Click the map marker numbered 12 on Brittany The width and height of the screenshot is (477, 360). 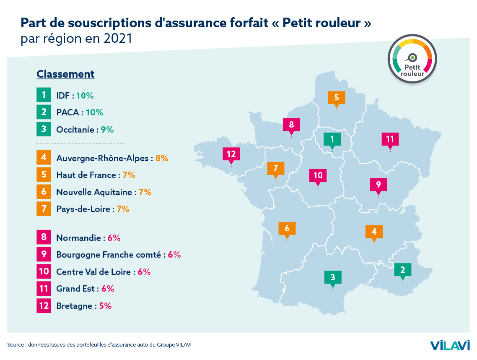[231, 154]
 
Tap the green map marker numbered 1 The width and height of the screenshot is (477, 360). [332, 138]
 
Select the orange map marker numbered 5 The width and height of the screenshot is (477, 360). [337, 97]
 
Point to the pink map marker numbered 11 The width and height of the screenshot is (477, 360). [390, 139]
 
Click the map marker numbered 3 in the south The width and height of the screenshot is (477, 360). [333, 277]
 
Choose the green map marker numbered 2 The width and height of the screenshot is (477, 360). [402, 269]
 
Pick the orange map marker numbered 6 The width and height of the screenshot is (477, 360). [287, 228]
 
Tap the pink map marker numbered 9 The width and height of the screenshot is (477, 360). [378, 184]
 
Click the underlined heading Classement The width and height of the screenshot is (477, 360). [65, 74]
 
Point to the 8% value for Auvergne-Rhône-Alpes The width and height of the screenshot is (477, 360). [162, 158]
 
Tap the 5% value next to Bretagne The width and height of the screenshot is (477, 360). [105, 305]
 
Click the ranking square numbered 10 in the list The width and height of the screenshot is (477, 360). [44, 271]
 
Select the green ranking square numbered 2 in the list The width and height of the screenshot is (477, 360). [44, 112]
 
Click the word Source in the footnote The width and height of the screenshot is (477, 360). [15, 345]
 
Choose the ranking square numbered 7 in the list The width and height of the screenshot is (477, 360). [44, 209]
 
